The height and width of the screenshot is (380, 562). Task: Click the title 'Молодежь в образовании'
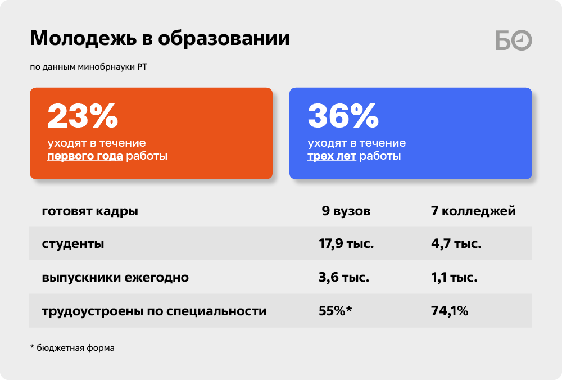(x=160, y=39)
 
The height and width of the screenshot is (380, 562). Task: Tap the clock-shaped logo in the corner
(x=522, y=40)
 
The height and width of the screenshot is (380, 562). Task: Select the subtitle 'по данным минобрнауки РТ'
(x=89, y=67)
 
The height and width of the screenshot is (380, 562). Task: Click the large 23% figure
(x=83, y=115)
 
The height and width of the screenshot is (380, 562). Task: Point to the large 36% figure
(x=343, y=115)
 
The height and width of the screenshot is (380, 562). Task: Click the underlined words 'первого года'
(x=85, y=156)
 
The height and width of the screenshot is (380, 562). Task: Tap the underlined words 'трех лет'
(x=332, y=156)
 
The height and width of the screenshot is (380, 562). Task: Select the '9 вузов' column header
(x=346, y=211)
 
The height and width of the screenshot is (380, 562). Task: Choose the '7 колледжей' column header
(x=473, y=211)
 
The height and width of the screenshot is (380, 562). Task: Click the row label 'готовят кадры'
(x=90, y=211)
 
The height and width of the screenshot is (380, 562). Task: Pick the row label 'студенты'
(x=73, y=244)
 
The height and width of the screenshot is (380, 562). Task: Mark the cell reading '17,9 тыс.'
(x=346, y=244)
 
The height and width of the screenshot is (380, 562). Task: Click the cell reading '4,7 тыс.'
(x=456, y=244)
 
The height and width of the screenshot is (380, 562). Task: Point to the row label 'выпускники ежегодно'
(x=115, y=278)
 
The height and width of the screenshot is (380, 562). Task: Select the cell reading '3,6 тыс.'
(x=344, y=278)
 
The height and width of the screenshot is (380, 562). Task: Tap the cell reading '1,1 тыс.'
(x=454, y=278)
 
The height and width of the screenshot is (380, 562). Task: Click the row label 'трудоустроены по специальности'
(x=154, y=311)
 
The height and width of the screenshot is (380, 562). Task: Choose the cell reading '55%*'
(x=336, y=311)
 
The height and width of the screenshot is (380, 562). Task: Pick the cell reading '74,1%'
(x=450, y=311)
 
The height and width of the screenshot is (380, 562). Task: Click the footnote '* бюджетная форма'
(x=72, y=348)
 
